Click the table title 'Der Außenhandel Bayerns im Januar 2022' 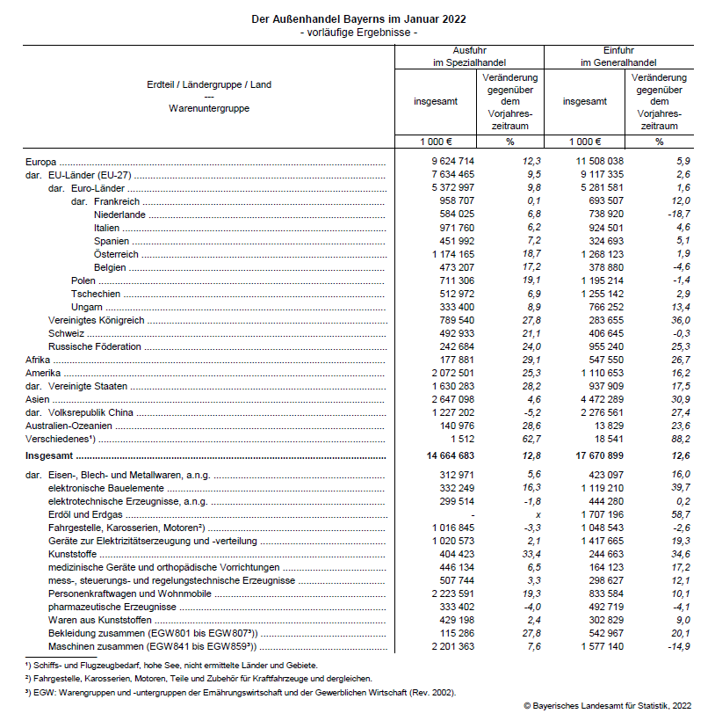(x=357, y=18)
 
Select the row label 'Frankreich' (x=117, y=201)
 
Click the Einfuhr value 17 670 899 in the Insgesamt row (x=599, y=456)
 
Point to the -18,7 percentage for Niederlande (x=677, y=215)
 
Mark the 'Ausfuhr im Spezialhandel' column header (x=469, y=57)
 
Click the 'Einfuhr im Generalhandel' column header (x=618, y=57)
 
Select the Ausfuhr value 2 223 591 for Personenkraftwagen (x=450, y=593)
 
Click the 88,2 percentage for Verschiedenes (x=679, y=438)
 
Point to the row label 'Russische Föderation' (x=94, y=346)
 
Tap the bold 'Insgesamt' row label (x=48, y=457)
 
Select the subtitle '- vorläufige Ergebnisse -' (x=357, y=33)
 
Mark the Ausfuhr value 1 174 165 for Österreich (x=450, y=254)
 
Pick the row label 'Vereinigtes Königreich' (x=97, y=320)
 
